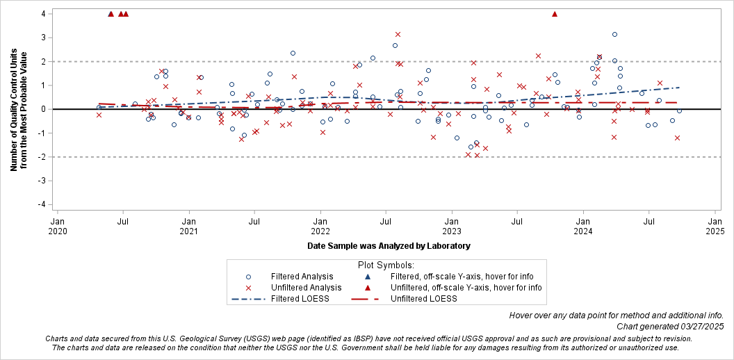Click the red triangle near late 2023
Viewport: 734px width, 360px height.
coord(555,14)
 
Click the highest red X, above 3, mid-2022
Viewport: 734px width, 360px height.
coord(398,34)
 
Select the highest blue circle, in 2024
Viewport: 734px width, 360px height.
coord(614,34)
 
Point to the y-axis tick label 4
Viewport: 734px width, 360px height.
coord(43,14)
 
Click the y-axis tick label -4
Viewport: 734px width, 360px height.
coord(42,204)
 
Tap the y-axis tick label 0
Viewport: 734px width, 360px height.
coord(43,109)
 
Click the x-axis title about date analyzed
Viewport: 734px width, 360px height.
coord(389,245)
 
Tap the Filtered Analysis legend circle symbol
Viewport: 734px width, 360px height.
coord(249,276)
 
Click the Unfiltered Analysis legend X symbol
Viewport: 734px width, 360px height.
coord(249,287)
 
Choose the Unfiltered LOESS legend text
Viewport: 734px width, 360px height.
coord(423,298)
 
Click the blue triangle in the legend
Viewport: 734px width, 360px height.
coord(368,276)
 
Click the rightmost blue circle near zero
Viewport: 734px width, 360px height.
coord(679,111)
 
